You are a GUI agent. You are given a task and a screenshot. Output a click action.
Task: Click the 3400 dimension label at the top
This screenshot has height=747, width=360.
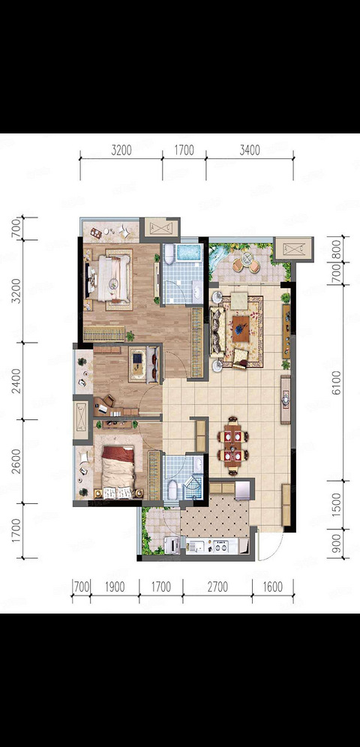coord(250,151)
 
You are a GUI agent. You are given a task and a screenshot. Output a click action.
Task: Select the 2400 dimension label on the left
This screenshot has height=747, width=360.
coord(17,381)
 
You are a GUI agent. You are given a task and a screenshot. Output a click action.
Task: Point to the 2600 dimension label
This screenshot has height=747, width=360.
coord(17,461)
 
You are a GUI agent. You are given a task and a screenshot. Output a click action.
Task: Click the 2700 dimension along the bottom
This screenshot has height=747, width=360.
coord(217,586)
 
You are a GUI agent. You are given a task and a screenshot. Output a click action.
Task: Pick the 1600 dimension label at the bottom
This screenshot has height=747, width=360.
coord(272,586)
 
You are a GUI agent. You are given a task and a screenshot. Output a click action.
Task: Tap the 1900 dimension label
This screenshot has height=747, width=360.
coord(114,586)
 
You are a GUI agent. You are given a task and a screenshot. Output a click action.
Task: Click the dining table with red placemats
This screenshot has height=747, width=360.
coord(232,444)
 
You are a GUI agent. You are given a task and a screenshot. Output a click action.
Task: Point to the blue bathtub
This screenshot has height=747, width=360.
coord(189,252)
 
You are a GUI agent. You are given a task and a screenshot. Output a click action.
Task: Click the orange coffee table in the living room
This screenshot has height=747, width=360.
coord(243,328)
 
